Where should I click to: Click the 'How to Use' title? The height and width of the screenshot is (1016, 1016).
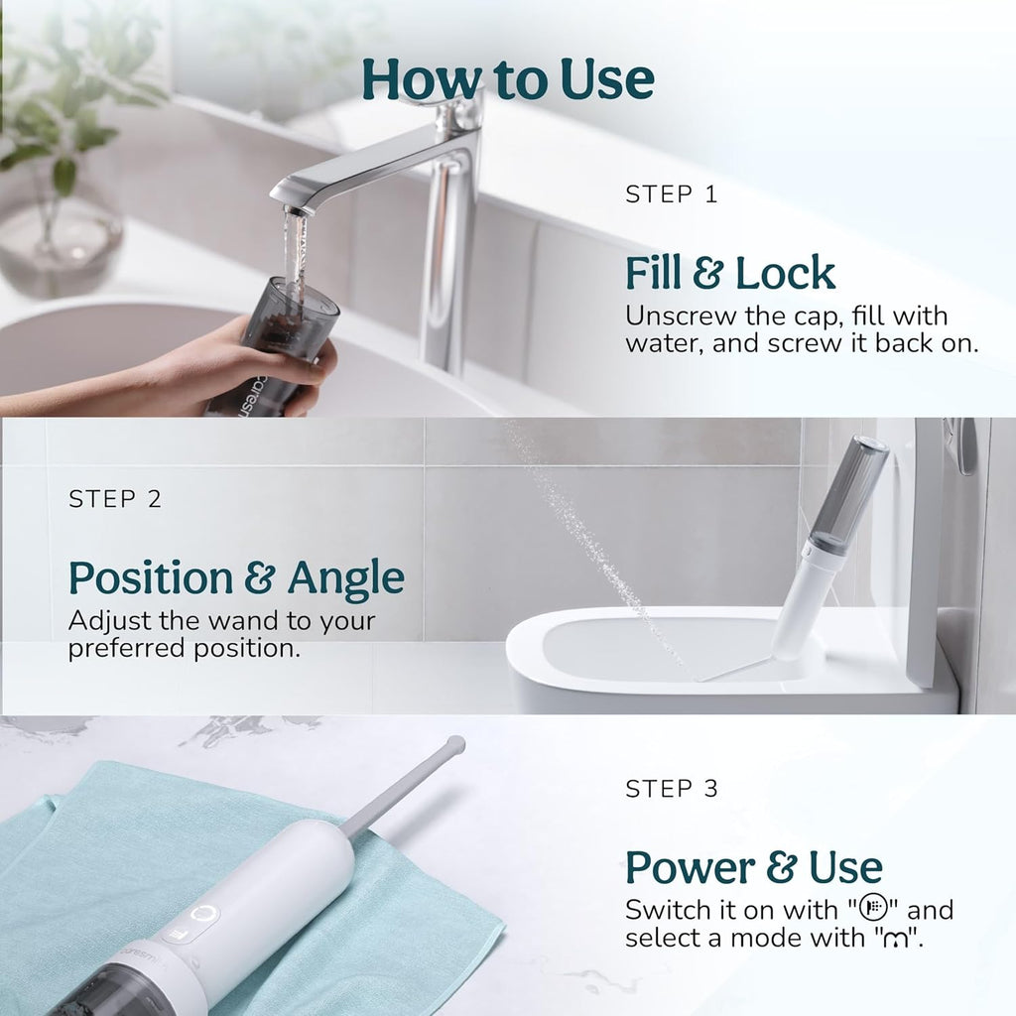pyautogui.click(x=507, y=78)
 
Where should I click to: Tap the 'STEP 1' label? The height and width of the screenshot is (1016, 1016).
pyautogui.click(x=671, y=194)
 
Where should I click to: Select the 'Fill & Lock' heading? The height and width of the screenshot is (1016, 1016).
pyautogui.click(x=730, y=273)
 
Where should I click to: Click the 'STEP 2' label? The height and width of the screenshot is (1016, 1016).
pyautogui.click(x=114, y=499)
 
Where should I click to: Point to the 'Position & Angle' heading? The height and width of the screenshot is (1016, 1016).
pyautogui.click(x=236, y=577)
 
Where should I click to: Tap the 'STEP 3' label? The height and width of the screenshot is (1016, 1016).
pyautogui.click(x=671, y=789)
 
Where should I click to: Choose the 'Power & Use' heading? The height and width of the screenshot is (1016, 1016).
pyautogui.click(x=753, y=866)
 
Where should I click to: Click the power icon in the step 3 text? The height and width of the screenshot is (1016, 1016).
pyautogui.click(x=872, y=908)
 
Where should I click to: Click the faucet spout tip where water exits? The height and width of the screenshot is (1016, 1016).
pyautogui.click(x=294, y=209)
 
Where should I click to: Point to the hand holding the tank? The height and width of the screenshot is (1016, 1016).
pyautogui.click(x=248, y=367)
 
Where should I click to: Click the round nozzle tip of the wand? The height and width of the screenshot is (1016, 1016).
pyautogui.click(x=455, y=742)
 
